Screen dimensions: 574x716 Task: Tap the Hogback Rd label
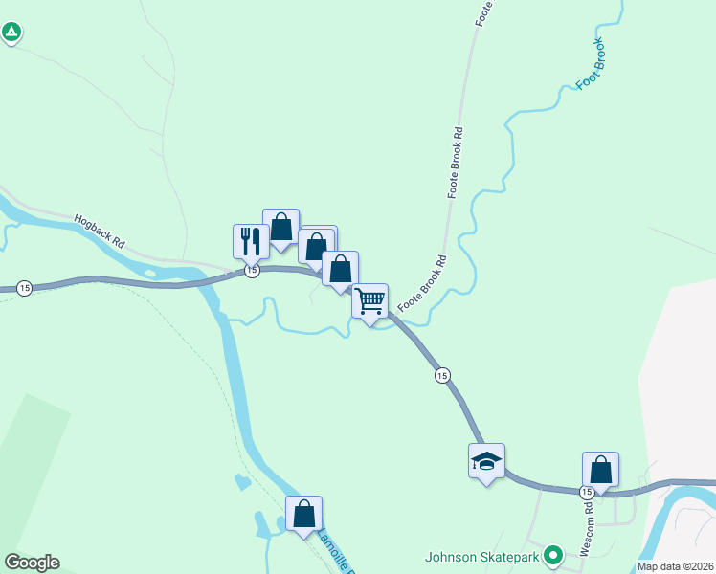(101, 231)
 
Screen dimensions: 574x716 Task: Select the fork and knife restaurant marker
(251, 241)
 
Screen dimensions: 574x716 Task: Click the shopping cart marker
(369, 301)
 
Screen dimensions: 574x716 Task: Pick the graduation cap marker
(486, 461)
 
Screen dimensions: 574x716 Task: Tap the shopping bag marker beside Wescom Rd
(600, 470)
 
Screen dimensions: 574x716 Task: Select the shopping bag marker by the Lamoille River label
(303, 514)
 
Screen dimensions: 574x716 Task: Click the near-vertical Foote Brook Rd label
(458, 163)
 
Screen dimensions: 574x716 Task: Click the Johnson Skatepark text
(482, 556)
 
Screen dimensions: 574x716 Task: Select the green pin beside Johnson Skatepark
(552, 555)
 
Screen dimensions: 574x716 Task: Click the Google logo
(32, 563)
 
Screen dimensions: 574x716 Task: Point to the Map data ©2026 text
(676, 566)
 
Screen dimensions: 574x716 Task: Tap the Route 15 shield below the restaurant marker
(252, 272)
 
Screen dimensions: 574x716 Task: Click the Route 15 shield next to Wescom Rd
(588, 492)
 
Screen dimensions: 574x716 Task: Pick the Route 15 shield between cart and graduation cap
(441, 375)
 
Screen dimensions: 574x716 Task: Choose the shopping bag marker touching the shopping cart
(340, 269)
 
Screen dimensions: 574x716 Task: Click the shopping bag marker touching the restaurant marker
(280, 227)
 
